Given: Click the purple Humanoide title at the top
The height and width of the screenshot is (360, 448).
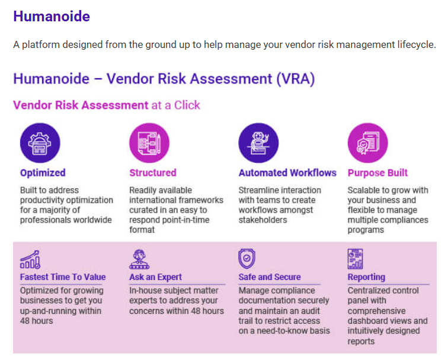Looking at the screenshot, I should [x=52, y=17].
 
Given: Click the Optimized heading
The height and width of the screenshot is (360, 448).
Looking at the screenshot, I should [x=43, y=173].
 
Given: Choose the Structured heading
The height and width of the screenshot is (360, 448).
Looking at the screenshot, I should [x=152, y=173].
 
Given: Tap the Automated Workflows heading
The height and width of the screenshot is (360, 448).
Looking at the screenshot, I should [x=287, y=173].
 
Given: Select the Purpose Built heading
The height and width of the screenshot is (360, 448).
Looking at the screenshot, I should [x=377, y=173].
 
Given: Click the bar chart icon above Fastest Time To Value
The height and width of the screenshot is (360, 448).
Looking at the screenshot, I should [x=30, y=259].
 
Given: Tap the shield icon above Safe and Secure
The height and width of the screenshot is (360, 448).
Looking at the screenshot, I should [x=247, y=259].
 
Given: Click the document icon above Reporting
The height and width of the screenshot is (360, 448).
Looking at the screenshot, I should [x=356, y=259].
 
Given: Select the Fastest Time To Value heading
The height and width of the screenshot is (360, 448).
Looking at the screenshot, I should [x=63, y=277].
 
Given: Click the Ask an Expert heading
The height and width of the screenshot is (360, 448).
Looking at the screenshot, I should [x=155, y=277].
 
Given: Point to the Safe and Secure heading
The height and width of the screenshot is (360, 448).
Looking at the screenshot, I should [x=270, y=277].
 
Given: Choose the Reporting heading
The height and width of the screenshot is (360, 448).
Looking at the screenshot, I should [x=366, y=277].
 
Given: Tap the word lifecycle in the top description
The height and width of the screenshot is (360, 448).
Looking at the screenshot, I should [x=414, y=45].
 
